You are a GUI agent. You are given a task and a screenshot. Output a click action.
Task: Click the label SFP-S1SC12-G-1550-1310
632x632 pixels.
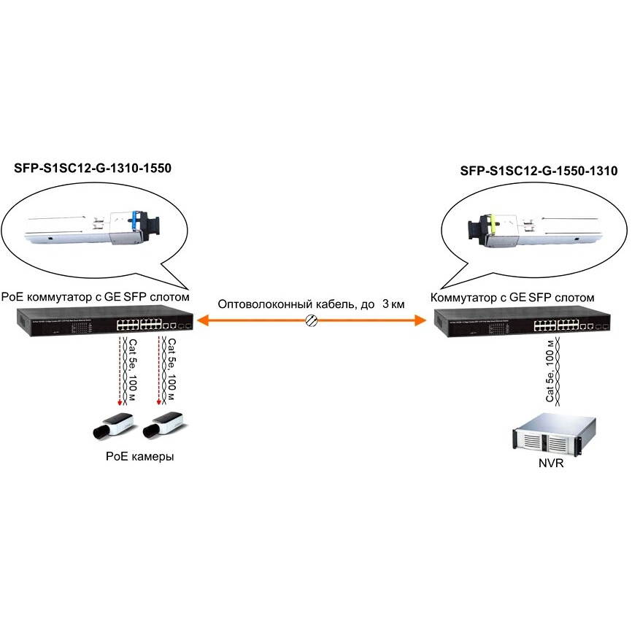point(539,172)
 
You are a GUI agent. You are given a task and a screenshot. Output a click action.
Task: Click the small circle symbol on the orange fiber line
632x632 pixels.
point(310,320)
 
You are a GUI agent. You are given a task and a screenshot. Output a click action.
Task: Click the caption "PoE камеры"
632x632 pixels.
point(140,457)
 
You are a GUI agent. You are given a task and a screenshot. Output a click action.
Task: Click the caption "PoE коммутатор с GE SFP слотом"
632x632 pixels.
point(96,297)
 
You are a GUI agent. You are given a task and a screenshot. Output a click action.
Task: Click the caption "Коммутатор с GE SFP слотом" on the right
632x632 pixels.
point(513,297)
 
